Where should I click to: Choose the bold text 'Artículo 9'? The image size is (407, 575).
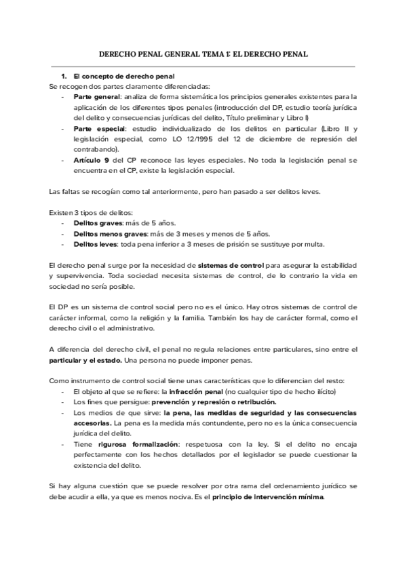92,159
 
